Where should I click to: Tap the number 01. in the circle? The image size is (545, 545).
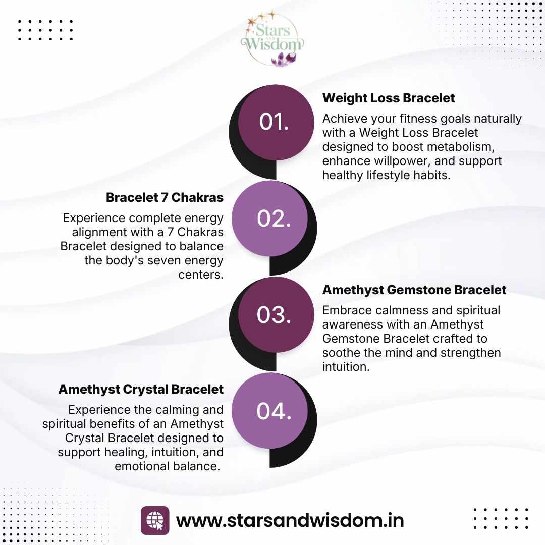click(x=274, y=122)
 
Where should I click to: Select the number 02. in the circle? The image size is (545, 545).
click(x=274, y=219)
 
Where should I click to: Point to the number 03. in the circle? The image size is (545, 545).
click(x=274, y=315)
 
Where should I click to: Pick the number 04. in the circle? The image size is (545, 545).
click(x=274, y=411)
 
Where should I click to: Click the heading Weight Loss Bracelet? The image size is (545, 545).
click(x=389, y=98)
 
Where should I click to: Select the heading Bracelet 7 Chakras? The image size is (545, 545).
click(x=165, y=198)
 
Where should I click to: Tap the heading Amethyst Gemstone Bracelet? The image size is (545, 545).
click(x=414, y=290)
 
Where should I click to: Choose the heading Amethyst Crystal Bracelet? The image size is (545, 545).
click(x=141, y=390)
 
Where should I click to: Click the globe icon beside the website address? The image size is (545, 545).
click(x=155, y=520)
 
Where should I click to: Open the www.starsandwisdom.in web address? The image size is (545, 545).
click(x=290, y=520)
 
